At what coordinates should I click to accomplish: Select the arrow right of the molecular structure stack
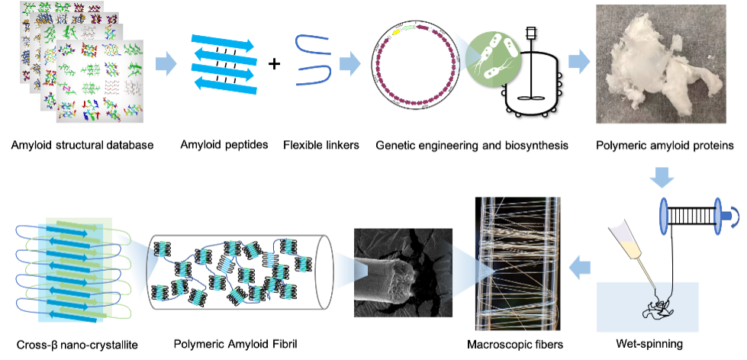tap(166, 64)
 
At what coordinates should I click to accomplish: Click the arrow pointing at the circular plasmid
tap(349, 64)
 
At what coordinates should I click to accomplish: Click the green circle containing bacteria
tap(493, 58)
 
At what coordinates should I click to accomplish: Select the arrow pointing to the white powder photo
tap(579, 62)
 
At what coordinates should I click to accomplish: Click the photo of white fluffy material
tap(661, 64)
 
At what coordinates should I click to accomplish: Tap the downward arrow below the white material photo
tap(662, 179)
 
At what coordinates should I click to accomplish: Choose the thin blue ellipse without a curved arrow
tap(663, 216)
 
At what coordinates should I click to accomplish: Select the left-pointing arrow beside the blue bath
tap(581, 268)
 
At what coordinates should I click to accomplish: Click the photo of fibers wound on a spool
tap(518, 263)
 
